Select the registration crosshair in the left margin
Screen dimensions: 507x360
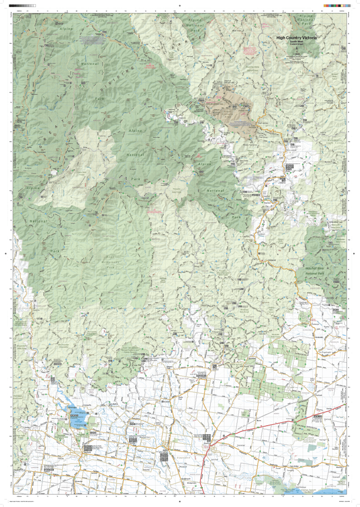[x=4, y=253]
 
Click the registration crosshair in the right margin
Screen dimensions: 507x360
[x=355, y=253]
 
